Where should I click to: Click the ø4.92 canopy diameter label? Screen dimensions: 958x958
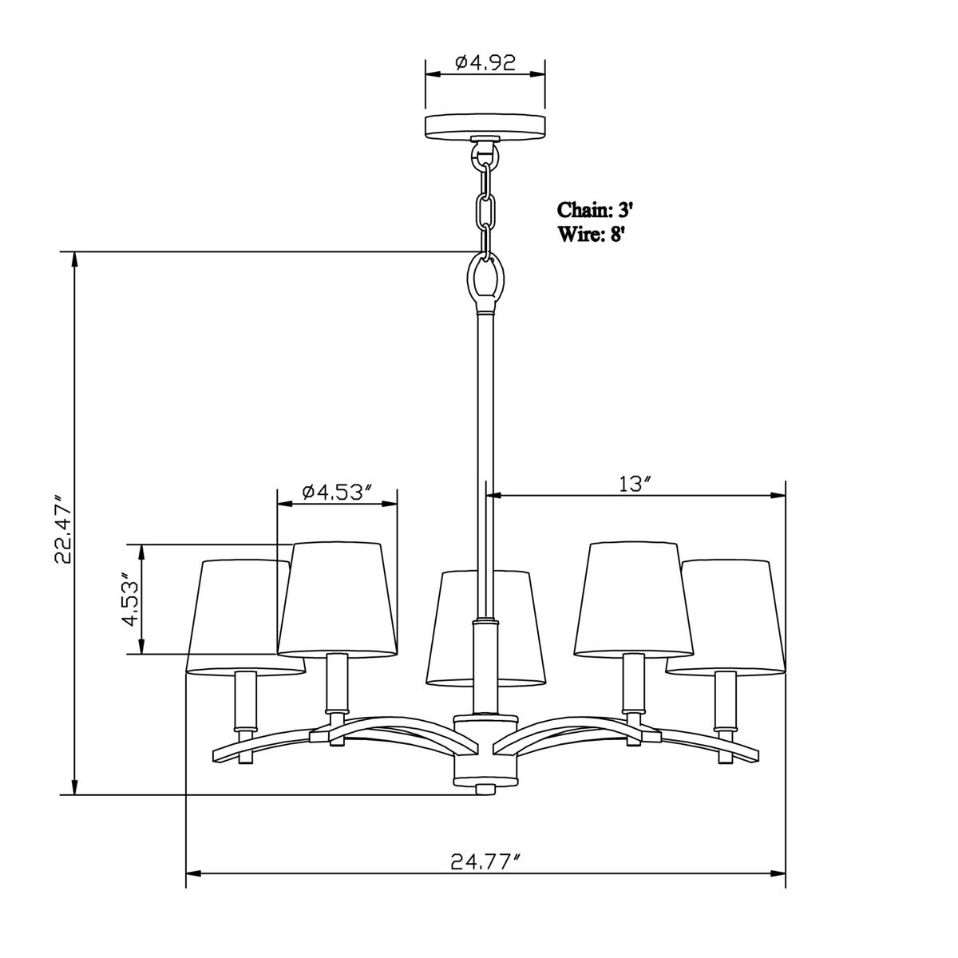coord(485,62)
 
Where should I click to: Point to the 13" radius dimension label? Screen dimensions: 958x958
coord(636,484)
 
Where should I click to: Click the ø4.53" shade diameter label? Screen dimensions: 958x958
coord(338,492)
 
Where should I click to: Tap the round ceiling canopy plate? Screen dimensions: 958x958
coord(485,125)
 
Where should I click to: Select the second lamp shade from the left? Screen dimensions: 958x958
coord(338,599)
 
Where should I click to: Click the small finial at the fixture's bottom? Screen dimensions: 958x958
coord(485,789)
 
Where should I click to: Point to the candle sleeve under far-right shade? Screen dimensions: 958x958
coord(725,699)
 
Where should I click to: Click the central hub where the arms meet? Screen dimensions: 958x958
coord(485,750)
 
